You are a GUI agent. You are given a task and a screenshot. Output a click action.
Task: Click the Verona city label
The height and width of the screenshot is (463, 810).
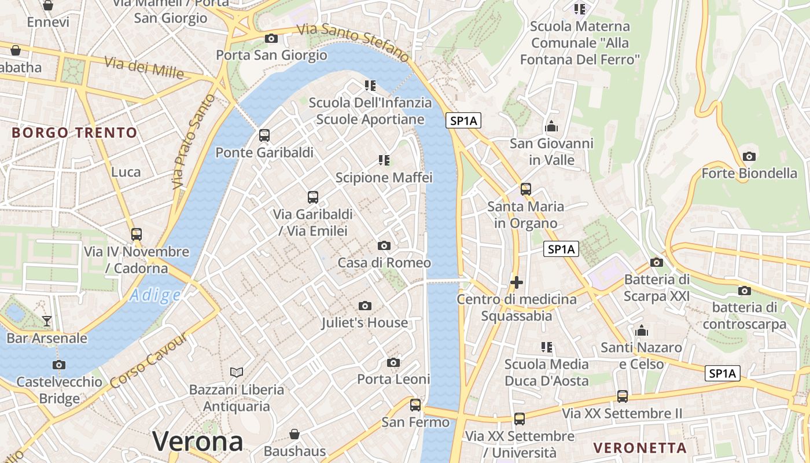[x=198, y=442]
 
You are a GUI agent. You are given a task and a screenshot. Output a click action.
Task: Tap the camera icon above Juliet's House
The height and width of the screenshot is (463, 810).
[x=365, y=306]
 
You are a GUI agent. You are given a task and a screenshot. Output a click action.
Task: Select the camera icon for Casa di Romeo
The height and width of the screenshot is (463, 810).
[x=384, y=246]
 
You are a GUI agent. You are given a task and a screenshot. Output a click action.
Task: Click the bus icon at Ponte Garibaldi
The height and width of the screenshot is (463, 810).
[x=264, y=135]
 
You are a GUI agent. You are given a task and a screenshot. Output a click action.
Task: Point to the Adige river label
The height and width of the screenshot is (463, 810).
[x=155, y=296]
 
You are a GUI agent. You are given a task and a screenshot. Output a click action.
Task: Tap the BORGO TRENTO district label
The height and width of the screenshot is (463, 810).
[x=75, y=133]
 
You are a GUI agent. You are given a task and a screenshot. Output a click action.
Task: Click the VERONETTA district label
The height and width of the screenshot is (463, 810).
[x=640, y=447]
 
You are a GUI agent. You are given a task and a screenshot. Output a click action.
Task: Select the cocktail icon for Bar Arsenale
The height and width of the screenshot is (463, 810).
[x=47, y=321]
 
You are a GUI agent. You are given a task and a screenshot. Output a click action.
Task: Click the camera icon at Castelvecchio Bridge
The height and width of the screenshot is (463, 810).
[x=58, y=365]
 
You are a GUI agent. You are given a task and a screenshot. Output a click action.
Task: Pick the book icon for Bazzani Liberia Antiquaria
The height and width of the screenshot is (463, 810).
[x=236, y=372]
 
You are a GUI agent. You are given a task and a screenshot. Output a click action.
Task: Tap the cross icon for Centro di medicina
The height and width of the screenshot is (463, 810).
[x=517, y=282]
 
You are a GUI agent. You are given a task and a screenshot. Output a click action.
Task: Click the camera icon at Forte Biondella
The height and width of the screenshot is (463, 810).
[x=749, y=156]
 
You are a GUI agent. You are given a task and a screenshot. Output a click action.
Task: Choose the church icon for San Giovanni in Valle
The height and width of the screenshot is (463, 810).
[x=551, y=126]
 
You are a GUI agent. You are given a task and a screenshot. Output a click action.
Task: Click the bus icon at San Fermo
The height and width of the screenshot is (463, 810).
[x=415, y=405]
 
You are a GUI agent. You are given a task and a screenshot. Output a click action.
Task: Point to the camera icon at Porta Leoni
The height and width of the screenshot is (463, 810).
[x=393, y=362]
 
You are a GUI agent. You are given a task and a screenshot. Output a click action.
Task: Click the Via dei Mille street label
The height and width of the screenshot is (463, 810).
[x=144, y=67]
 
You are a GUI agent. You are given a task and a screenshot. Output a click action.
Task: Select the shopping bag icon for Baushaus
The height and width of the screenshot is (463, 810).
[x=294, y=434]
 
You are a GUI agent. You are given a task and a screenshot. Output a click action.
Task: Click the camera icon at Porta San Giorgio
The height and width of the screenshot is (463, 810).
[x=271, y=39]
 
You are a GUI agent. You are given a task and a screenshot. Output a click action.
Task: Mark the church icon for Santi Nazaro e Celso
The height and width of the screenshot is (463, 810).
[x=641, y=331]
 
